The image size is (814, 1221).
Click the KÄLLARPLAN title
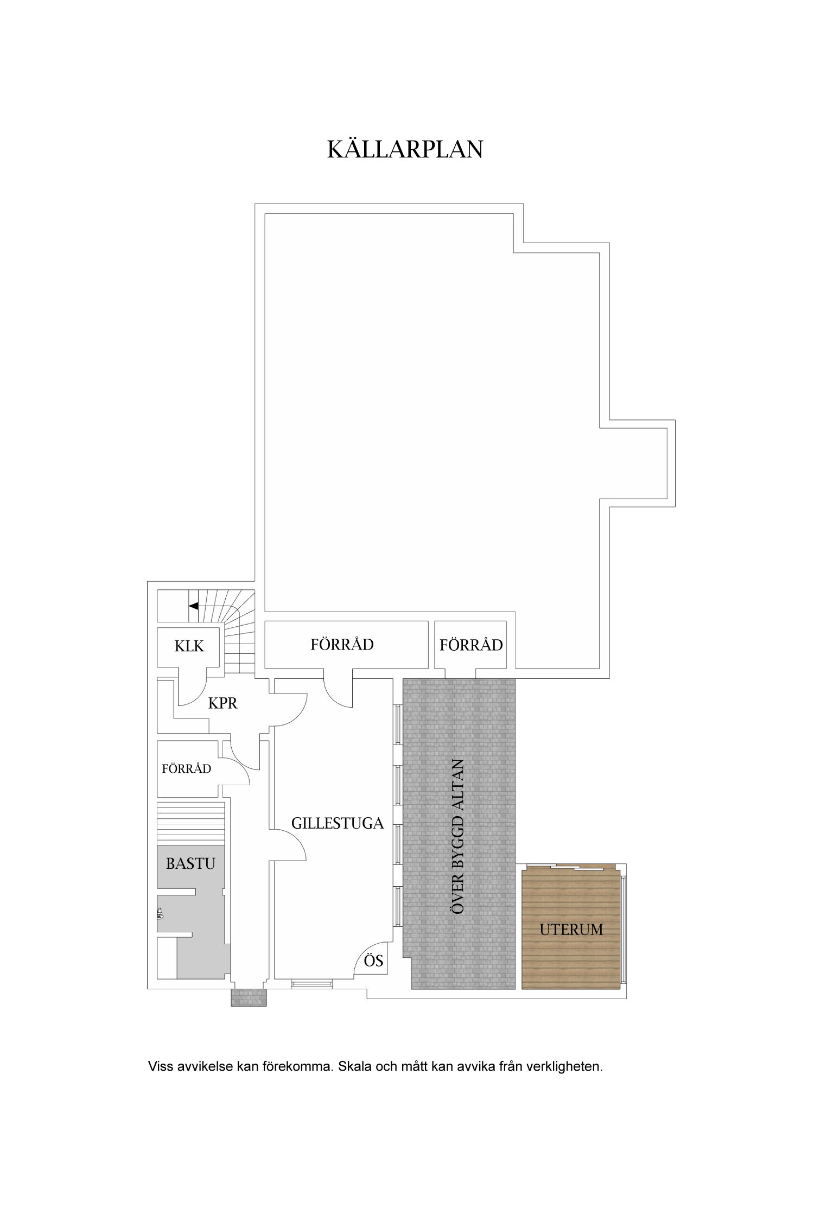click(x=405, y=149)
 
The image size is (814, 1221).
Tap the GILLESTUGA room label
click(x=338, y=823)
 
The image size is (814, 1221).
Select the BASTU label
click(x=190, y=863)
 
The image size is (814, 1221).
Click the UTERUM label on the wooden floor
click(x=571, y=930)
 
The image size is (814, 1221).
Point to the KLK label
click(x=189, y=646)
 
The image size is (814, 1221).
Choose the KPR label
click(x=222, y=703)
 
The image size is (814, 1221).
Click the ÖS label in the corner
click(x=373, y=961)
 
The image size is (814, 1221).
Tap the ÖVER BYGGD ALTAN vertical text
click(x=459, y=836)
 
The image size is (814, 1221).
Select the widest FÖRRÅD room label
click(x=342, y=644)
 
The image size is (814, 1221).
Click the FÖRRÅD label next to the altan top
click(x=471, y=645)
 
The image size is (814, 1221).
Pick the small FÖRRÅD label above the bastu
click(x=186, y=768)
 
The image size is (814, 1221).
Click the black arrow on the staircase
click(x=194, y=606)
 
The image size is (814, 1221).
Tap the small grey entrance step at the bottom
click(x=249, y=997)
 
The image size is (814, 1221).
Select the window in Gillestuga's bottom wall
click(x=311, y=984)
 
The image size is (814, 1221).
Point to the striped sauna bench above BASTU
click(x=190, y=824)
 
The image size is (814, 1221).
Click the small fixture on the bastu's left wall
click(x=160, y=914)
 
